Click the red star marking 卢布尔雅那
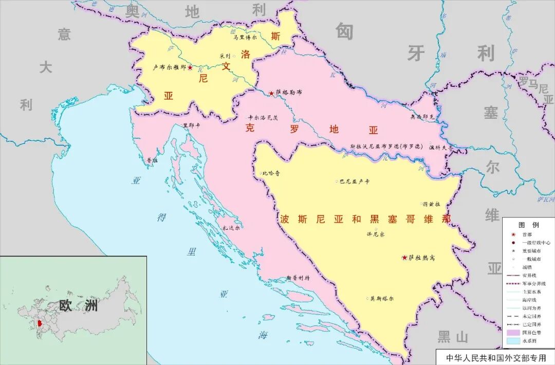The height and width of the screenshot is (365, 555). [190, 67]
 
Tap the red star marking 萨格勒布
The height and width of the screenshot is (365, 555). [271, 93]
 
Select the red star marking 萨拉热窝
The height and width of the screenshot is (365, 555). [405, 258]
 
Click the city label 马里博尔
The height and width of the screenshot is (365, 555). [245, 37]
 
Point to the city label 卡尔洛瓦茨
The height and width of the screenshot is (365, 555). [263, 117]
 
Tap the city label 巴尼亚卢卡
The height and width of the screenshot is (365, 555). [354, 181]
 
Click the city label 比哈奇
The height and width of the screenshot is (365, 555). [271, 174]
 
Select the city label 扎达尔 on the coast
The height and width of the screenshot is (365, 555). [231, 228]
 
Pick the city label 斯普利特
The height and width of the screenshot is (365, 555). [299, 278]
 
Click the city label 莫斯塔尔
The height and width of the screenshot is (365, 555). [382, 298]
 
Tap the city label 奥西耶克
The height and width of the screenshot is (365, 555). [422, 117]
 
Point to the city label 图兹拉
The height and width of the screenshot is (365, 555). [431, 204]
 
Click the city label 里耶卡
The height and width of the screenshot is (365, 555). [192, 124]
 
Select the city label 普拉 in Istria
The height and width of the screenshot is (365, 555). [152, 160]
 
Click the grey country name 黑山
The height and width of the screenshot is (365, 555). [452, 337]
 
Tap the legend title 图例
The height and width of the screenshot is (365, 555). [528, 225]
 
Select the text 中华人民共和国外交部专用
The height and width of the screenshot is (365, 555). [495, 357]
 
